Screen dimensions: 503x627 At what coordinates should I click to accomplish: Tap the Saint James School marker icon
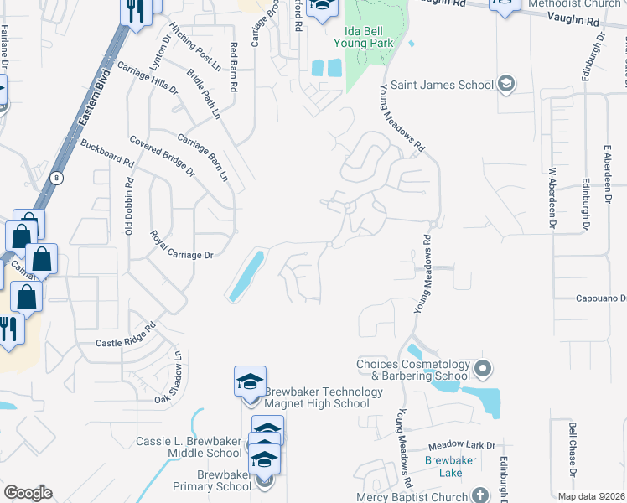point(505,84)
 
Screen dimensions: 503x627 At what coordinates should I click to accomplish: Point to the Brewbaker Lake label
point(443,467)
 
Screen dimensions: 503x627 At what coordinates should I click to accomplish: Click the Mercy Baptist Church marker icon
point(479,495)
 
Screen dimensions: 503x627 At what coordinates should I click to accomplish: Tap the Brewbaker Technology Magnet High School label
point(317,397)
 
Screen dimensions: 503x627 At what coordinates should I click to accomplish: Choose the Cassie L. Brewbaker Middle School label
point(189,447)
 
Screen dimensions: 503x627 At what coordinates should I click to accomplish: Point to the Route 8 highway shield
point(56,178)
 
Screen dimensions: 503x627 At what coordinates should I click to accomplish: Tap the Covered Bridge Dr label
point(161,156)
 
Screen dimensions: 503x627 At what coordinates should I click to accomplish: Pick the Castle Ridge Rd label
point(126,334)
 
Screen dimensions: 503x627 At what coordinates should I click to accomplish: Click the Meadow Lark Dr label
point(462,447)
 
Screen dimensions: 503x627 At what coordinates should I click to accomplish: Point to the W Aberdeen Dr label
point(552,197)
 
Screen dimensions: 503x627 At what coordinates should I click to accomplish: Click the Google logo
point(28,492)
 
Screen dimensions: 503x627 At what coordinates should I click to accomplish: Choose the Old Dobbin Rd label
point(130,205)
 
